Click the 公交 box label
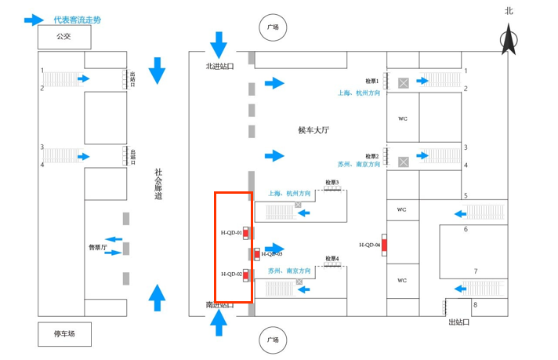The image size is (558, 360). point(63,36)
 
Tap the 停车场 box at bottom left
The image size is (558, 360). point(64,334)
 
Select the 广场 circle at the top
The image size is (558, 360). point(272,27)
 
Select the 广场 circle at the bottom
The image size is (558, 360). point(272,340)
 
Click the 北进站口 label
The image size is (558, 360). point(220,66)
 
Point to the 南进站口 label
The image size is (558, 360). point(220,304)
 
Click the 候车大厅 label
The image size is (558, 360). point(313,130)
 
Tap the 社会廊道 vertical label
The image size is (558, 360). point(158,184)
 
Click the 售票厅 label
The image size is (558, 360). point(98,247)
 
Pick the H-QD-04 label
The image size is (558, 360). point(370,245)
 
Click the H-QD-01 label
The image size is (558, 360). point(231,233)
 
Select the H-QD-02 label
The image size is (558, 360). point(231,274)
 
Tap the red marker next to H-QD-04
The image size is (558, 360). point(384,245)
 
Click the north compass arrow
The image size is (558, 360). point(509,38)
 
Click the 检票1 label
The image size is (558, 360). point(372,81)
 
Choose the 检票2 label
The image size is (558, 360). point(372,156)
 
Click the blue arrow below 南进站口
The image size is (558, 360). point(219,322)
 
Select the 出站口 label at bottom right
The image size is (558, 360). point(459,322)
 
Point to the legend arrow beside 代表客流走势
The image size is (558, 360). point(34,20)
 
